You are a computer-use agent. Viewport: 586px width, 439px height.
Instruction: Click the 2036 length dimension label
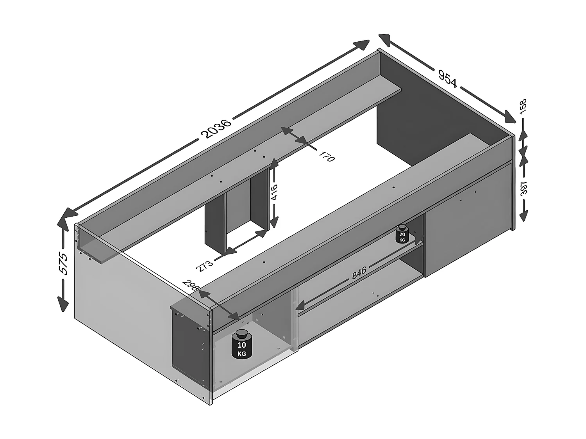coord(216,129)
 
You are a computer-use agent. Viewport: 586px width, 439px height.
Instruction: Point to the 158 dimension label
coord(523,106)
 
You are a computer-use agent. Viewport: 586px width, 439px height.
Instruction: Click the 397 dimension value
coord(523,188)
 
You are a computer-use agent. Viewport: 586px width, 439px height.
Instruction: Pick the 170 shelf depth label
coord(327,156)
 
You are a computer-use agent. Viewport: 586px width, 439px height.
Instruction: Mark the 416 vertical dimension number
coord(275,192)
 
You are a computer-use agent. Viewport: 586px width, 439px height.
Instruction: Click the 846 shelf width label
coord(359,272)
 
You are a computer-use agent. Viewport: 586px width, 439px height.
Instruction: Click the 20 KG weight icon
coord(402,234)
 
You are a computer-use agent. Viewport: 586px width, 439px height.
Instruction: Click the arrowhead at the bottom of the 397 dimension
coord(523,215)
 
